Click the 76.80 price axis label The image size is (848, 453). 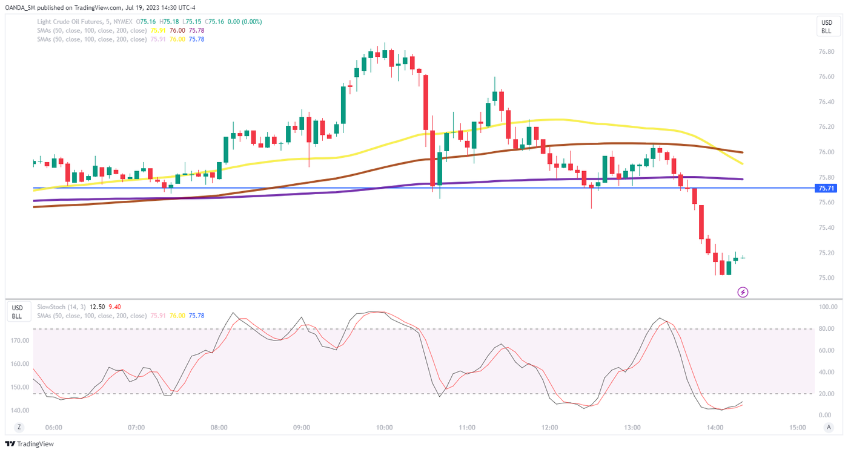pos(826,51)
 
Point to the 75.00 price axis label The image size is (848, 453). pos(826,278)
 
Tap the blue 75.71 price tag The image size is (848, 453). pos(827,189)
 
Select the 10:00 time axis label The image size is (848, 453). pos(384,428)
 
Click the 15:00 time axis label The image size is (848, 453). pos(798,428)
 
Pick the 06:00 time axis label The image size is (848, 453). pos(54,428)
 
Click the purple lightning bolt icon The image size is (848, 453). pos(743,292)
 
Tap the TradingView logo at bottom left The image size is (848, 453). pos(30,444)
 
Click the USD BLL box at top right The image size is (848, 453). pos(826,27)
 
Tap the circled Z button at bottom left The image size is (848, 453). pos(19,428)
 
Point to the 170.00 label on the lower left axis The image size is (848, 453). pos(20,341)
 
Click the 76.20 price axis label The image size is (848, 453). pos(826,127)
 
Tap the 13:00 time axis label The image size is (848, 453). pos(632,428)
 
